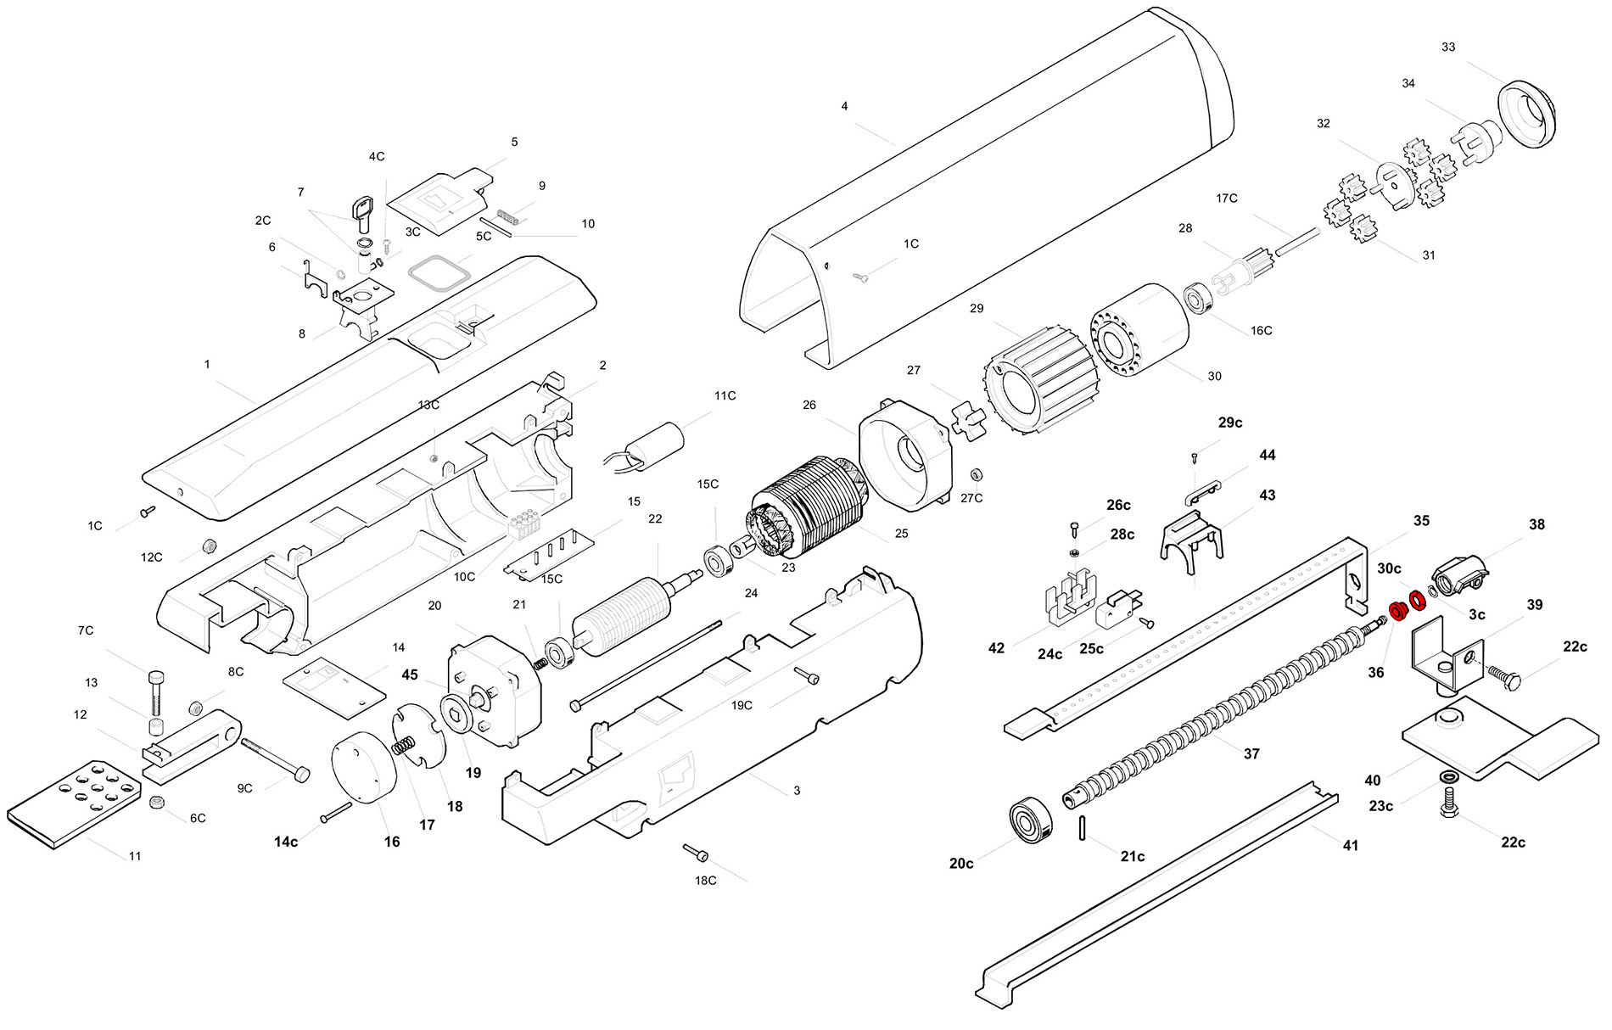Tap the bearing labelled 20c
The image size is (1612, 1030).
point(1030,819)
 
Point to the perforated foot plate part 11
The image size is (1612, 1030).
point(74,802)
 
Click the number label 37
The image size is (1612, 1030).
point(1251,753)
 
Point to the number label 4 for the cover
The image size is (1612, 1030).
point(843,106)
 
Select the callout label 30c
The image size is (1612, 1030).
point(1389,568)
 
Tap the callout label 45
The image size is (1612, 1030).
point(410,675)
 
